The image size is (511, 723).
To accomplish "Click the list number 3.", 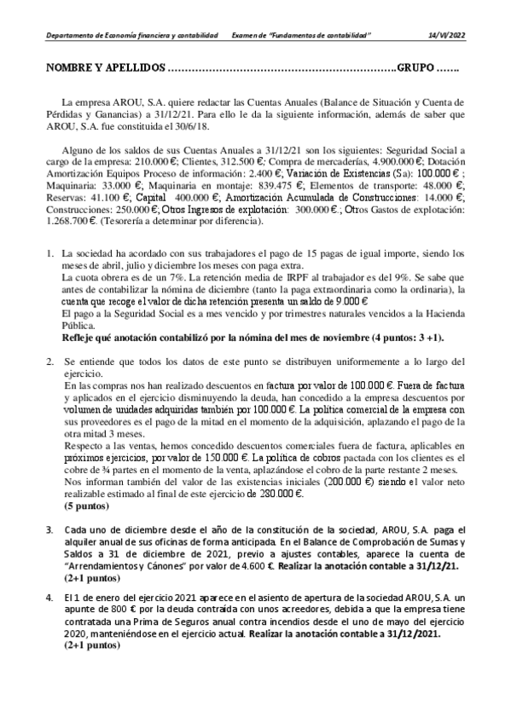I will pos(49,529).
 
